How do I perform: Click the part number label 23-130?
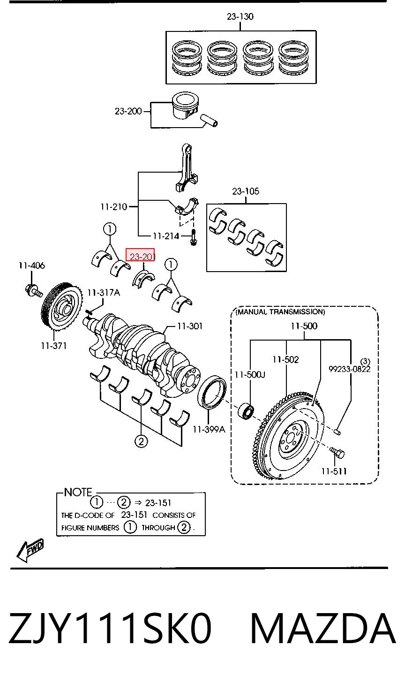click(x=240, y=16)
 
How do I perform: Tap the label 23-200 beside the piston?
click(x=128, y=111)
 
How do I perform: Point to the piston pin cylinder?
click(x=209, y=121)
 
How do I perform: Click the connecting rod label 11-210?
click(x=113, y=207)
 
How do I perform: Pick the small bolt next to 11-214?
click(x=194, y=238)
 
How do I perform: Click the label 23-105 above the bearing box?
click(x=246, y=191)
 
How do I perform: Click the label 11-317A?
click(x=104, y=293)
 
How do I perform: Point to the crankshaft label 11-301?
click(x=190, y=326)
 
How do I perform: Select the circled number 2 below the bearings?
click(x=141, y=441)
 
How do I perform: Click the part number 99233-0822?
click(x=350, y=369)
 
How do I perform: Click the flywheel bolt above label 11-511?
click(x=337, y=453)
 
